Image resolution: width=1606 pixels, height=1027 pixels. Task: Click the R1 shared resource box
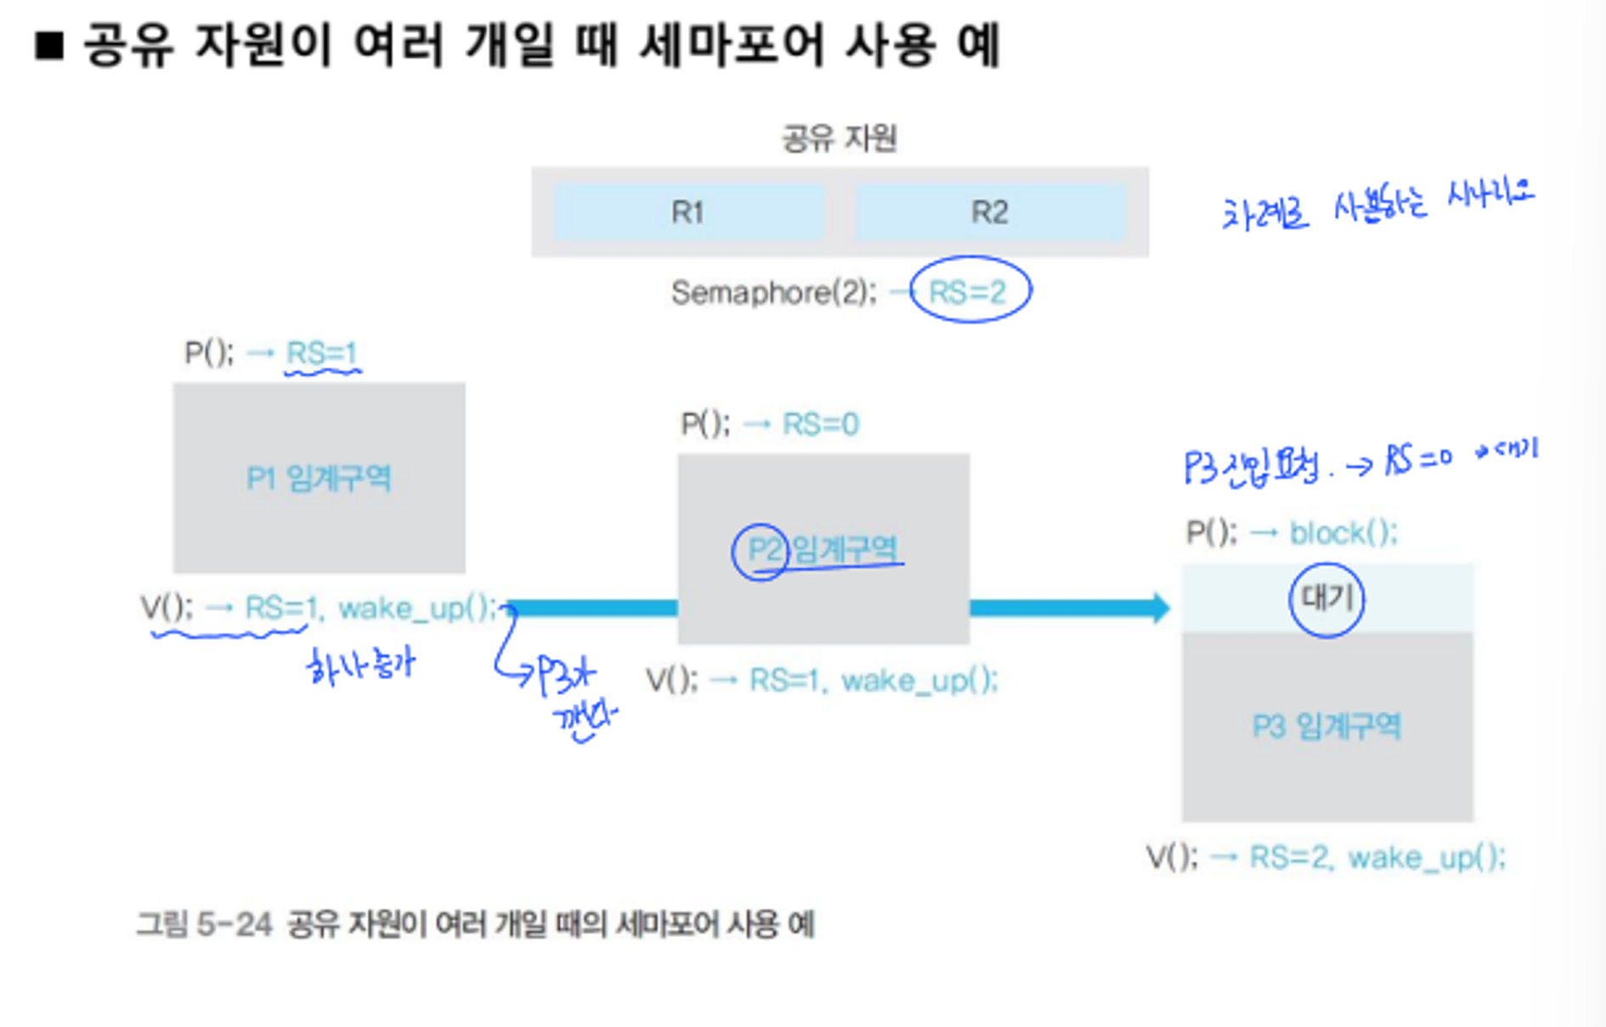pos(687,212)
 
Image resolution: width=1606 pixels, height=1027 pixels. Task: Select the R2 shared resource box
pos(990,212)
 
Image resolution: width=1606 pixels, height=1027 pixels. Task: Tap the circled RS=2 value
pos(969,291)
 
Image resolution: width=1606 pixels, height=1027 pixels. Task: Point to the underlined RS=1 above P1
pos(321,353)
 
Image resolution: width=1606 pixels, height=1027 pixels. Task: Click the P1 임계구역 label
pos(319,478)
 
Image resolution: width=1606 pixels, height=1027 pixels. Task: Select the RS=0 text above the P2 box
pos(820,423)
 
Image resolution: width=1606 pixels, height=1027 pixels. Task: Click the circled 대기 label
pos(1326,599)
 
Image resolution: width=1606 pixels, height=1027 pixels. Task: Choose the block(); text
pos(1343,533)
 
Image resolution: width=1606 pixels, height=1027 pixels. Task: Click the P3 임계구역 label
pos(1326,726)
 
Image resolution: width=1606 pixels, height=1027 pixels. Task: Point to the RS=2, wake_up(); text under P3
pos(1377,857)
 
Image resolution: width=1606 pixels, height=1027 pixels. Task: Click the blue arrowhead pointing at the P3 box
pos(1159,607)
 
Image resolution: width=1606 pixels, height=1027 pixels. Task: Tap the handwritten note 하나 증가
pos(361,666)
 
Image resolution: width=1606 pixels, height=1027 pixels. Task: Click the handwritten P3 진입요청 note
pos(1253,466)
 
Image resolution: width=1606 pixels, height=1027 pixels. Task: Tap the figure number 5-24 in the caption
pos(234,923)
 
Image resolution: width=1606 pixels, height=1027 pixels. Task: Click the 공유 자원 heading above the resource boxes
pos(840,138)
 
